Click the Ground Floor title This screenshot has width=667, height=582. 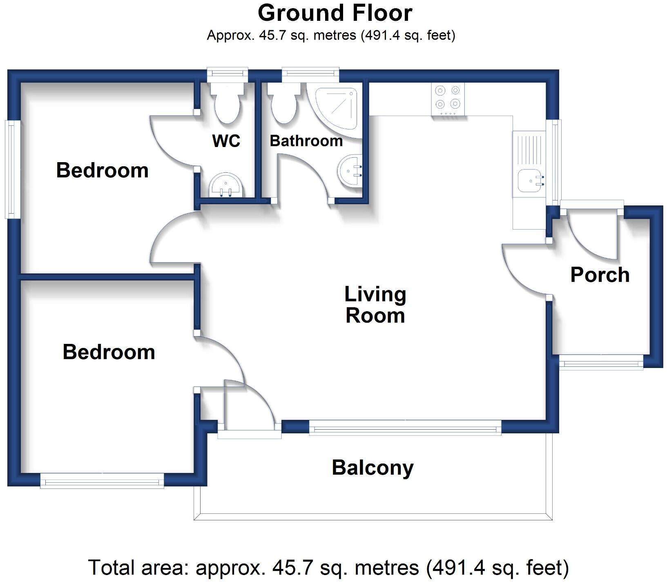pyautogui.click(x=335, y=13)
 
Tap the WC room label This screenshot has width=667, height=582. pyautogui.click(x=226, y=141)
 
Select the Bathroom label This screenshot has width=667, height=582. pyautogui.click(x=306, y=141)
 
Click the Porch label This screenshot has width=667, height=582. pyautogui.click(x=600, y=275)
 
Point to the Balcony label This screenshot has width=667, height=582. pyautogui.click(x=373, y=468)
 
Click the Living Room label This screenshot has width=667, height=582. pyautogui.click(x=375, y=305)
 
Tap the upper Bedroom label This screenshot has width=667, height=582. pyautogui.click(x=102, y=170)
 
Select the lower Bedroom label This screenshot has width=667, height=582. pyautogui.click(x=109, y=352)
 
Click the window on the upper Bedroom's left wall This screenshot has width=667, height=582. pyautogui.click(x=12, y=169)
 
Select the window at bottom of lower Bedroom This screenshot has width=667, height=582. pyautogui.click(x=102, y=482)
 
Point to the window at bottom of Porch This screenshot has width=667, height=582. pyautogui.click(x=600, y=362)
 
